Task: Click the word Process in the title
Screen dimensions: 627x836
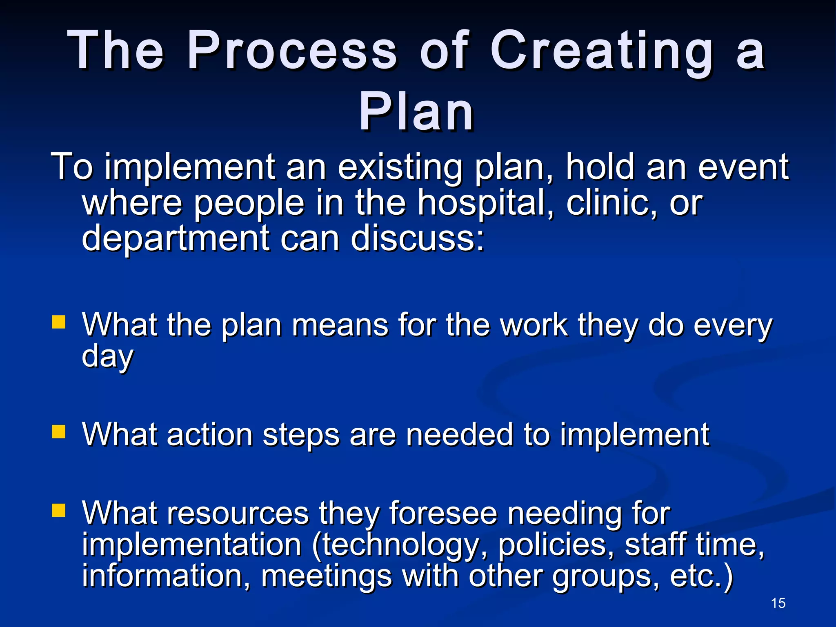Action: (x=291, y=51)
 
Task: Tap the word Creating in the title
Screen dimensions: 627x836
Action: (x=602, y=51)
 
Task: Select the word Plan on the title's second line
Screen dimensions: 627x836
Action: (x=416, y=112)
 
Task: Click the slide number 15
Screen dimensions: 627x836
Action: (x=778, y=603)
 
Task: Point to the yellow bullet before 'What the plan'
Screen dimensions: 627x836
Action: (x=59, y=322)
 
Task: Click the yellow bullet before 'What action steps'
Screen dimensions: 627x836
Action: (x=59, y=431)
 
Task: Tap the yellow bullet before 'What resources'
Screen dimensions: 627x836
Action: (x=59, y=510)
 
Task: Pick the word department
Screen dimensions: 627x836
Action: (x=176, y=238)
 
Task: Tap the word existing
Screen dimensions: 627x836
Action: (x=400, y=167)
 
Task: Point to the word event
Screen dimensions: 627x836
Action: (x=743, y=167)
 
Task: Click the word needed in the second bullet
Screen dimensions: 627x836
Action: (x=459, y=434)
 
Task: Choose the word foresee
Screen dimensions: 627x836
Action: (x=443, y=513)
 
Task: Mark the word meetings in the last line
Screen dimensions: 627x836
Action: (x=327, y=576)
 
